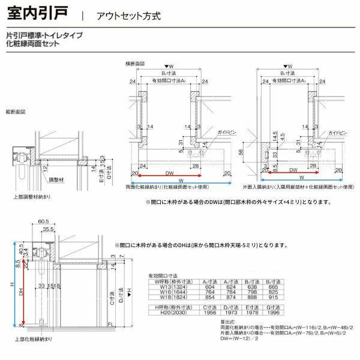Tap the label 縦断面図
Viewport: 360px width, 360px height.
tap(16, 112)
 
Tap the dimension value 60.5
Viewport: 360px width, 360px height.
tap(43, 221)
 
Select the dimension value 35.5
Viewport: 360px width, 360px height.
tap(49, 229)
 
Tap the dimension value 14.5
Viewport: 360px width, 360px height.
tap(274, 136)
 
